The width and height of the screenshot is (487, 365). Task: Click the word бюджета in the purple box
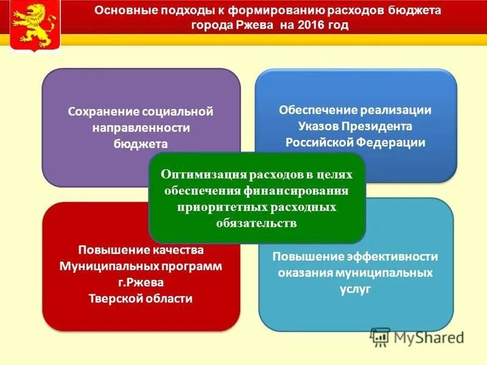140,144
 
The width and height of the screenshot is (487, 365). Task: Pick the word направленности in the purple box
141,128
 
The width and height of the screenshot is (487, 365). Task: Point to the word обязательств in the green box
256,223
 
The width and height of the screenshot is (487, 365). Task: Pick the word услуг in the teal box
356,289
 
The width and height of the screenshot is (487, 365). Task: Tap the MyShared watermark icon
380,337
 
